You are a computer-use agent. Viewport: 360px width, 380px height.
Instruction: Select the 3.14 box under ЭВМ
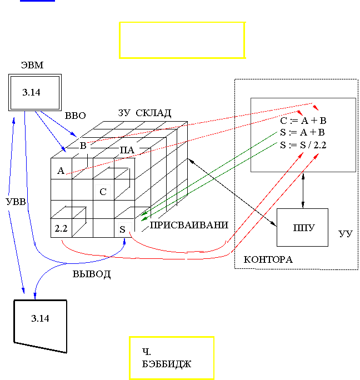[x=34, y=93]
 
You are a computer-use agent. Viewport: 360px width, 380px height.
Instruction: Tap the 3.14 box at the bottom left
[x=41, y=319]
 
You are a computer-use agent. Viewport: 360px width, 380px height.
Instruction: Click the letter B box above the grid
[x=83, y=146]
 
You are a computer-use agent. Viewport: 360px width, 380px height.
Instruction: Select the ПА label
[x=127, y=150]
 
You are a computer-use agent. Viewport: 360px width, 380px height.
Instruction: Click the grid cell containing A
[x=61, y=171]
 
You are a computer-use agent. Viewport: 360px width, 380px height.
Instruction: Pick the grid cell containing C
[x=103, y=192]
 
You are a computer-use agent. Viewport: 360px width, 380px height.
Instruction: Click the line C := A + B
[x=303, y=121]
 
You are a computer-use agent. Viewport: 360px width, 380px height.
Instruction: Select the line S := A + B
[x=303, y=133]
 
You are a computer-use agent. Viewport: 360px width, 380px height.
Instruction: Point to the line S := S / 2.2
[x=303, y=145]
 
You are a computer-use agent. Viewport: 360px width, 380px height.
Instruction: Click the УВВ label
[x=16, y=202]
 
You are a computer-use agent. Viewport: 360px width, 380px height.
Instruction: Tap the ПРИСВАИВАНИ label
[x=189, y=225]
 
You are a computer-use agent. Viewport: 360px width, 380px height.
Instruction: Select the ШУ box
[x=303, y=227]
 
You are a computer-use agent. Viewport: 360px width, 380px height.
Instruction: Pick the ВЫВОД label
[x=92, y=274]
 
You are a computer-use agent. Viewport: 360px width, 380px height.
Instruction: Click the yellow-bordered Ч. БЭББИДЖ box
[x=171, y=358]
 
